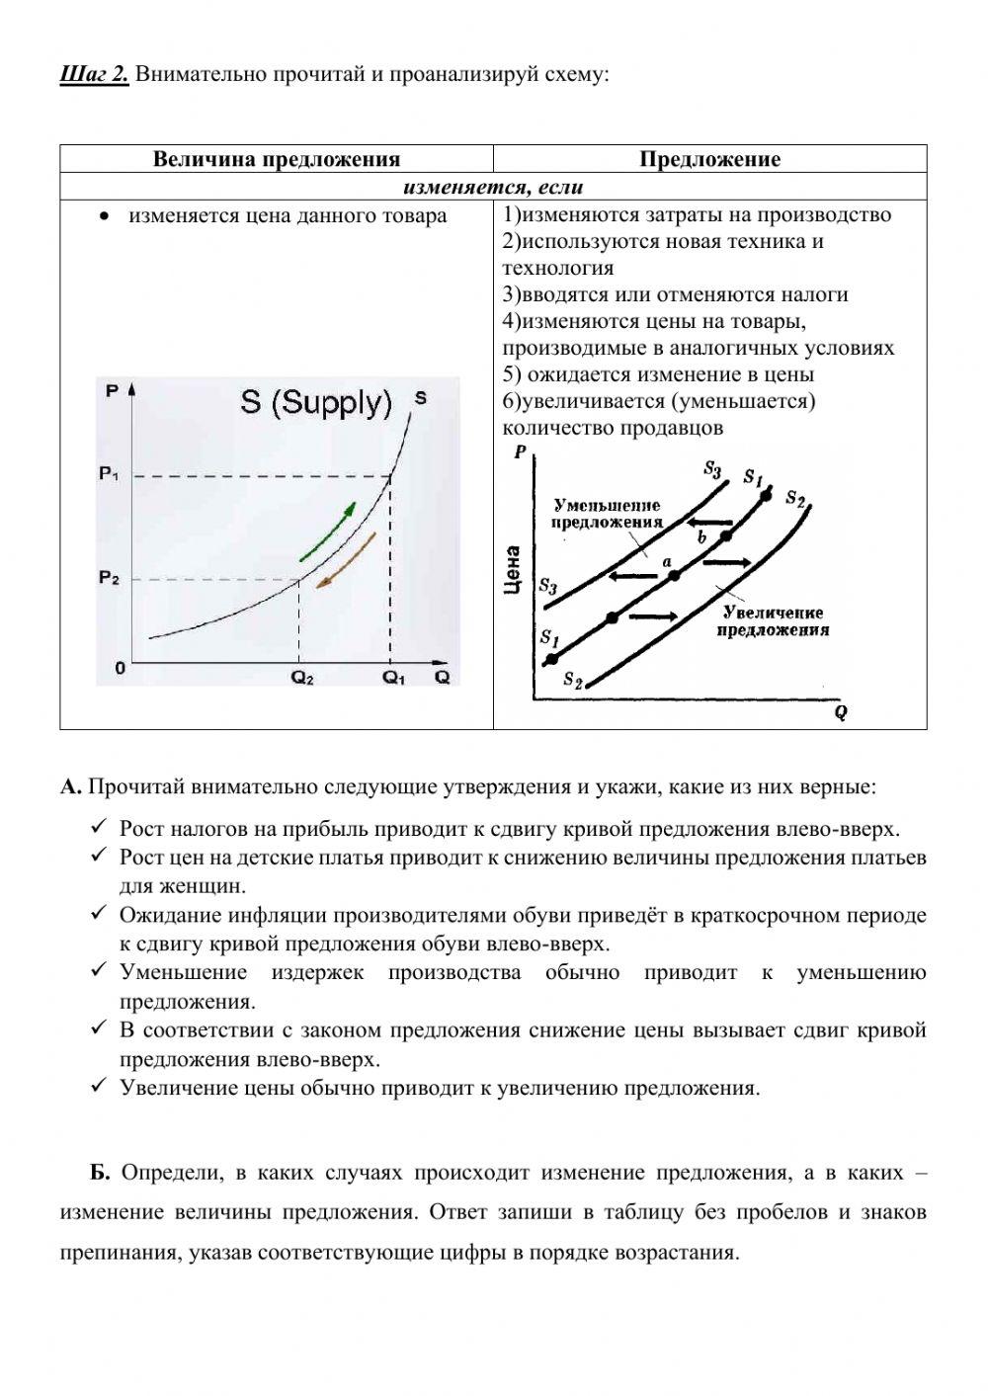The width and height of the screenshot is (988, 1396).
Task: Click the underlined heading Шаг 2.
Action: [x=94, y=74]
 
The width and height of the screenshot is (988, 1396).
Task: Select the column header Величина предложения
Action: [x=276, y=159]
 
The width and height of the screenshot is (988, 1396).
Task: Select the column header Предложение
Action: [x=709, y=159]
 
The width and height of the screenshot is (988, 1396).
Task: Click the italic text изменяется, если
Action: [x=493, y=187]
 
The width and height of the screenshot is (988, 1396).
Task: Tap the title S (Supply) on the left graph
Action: [x=316, y=403]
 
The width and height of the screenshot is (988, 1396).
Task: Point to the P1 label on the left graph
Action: [x=109, y=475]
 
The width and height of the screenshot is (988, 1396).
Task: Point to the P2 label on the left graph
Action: [x=109, y=579]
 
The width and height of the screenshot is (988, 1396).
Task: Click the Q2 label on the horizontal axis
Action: [x=301, y=678]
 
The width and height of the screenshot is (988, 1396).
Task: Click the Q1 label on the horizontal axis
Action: [x=394, y=678]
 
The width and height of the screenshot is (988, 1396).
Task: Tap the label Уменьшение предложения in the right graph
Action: [x=607, y=514]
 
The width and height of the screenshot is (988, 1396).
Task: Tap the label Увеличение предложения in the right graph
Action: [x=772, y=621]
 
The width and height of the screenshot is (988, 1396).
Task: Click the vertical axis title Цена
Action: [x=512, y=570]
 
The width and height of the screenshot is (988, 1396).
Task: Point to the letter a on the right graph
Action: [x=667, y=560]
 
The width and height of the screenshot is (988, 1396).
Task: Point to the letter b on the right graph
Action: [x=701, y=537]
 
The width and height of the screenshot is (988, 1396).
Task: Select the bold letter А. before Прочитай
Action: [x=70, y=787]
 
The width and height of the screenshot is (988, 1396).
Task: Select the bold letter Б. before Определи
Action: [x=100, y=1173]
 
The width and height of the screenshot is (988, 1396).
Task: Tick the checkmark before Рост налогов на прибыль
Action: [x=98, y=828]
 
